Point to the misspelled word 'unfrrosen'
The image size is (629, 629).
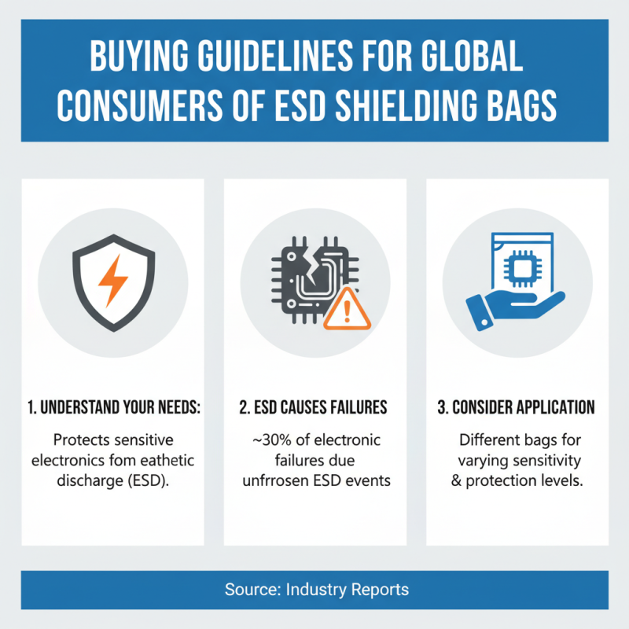coord(278,480)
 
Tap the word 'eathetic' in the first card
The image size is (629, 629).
coord(160,459)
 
